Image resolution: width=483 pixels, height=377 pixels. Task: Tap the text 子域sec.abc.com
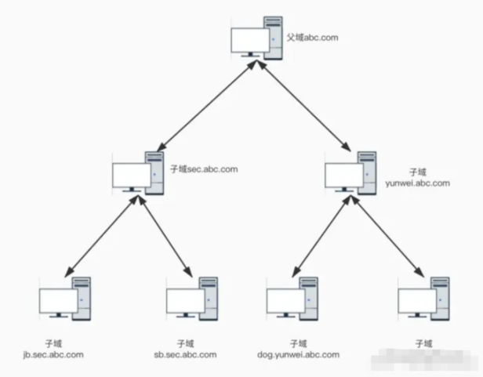(203, 169)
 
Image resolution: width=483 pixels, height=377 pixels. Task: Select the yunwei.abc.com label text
(418, 183)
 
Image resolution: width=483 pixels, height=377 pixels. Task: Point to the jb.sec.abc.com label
(53, 354)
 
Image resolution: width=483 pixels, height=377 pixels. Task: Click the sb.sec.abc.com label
(186, 354)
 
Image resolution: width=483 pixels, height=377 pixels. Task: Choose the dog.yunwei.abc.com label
(298, 354)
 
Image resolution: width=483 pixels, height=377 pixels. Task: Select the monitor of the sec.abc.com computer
(131, 176)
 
